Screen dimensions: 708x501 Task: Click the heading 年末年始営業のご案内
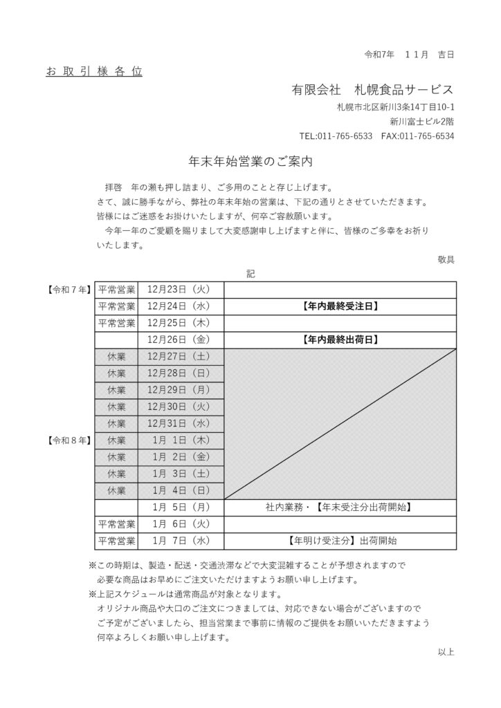tap(251, 162)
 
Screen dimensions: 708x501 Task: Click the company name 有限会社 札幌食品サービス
tap(373, 91)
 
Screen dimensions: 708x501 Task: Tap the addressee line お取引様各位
tap(94, 71)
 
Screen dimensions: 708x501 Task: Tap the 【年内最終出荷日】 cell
tap(340, 339)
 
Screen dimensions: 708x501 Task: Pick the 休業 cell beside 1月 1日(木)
tap(116, 440)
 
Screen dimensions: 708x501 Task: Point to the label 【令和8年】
tap(68, 440)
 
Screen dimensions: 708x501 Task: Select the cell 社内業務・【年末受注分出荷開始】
tap(340, 507)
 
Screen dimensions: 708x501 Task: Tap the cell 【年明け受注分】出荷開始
tap(340, 541)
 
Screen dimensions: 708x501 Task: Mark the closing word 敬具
tap(446, 259)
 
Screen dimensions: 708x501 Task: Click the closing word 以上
tap(446, 651)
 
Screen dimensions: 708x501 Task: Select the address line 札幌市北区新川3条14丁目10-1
tap(395, 106)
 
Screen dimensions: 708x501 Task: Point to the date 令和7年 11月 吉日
tap(408, 54)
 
